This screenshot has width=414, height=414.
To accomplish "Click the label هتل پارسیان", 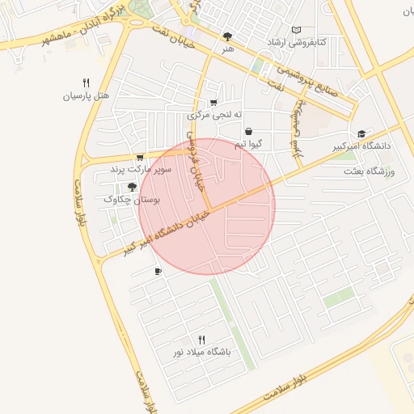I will tap(85, 96).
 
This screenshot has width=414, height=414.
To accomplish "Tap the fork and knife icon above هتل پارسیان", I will tap(86, 82).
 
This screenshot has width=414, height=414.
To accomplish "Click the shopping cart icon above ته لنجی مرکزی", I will tap(213, 103).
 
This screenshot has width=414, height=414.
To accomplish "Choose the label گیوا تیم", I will tap(249, 144).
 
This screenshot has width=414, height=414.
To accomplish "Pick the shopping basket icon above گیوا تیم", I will tap(248, 131).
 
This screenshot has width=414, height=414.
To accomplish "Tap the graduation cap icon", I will tap(361, 133).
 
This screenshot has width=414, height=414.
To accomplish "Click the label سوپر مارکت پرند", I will tap(142, 171).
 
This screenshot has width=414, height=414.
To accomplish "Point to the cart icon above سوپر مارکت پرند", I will tap(141, 158).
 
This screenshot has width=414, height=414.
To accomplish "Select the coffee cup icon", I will tap(158, 272).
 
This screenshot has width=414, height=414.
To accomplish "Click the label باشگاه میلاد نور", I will tap(201, 353).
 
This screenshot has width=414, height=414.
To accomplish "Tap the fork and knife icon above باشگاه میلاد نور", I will tap(201, 340).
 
